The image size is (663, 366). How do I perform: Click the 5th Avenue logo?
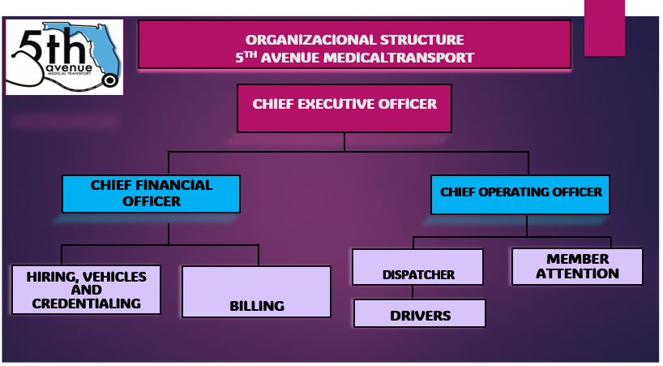(64, 57)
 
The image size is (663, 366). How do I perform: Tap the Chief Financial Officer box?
(151, 193)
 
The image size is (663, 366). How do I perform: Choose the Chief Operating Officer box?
(520, 194)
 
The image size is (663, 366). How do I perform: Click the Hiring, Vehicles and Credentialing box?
(86, 290)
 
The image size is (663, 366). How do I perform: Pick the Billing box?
(256, 291)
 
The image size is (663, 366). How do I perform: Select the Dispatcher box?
(418, 267)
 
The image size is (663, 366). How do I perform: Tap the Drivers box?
(420, 314)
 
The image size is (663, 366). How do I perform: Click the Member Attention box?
(577, 266)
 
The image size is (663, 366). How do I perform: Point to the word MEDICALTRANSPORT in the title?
(410, 57)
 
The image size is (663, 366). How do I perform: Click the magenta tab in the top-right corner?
(604, 28)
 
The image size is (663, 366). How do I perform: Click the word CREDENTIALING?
(87, 304)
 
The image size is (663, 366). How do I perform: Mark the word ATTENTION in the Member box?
(577, 273)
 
